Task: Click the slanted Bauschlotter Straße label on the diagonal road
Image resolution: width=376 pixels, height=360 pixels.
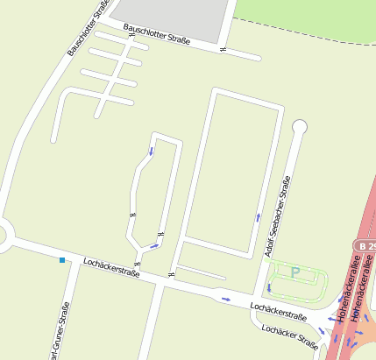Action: click(89, 28)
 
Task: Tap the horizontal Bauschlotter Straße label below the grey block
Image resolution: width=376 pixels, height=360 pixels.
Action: click(158, 36)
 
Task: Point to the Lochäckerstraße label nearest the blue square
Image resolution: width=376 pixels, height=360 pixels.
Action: click(111, 267)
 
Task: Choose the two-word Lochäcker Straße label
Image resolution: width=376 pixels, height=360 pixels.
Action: click(289, 336)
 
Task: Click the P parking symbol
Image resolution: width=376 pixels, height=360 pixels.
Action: click(295, 273)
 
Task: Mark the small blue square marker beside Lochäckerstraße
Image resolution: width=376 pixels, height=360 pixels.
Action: click(62, 260)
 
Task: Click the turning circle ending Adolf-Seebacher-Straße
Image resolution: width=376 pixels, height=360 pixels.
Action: click(300, 127)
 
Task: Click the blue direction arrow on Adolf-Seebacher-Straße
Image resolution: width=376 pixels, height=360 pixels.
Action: click(258, 216)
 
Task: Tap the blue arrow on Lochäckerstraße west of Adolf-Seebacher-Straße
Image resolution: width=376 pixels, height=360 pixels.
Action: click(226, 299)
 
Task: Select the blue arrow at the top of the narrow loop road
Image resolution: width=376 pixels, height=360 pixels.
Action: click(150, 151)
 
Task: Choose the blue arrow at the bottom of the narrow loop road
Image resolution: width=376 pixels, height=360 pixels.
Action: click(154, 246)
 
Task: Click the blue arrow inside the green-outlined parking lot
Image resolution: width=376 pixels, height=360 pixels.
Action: click(269, 286)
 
